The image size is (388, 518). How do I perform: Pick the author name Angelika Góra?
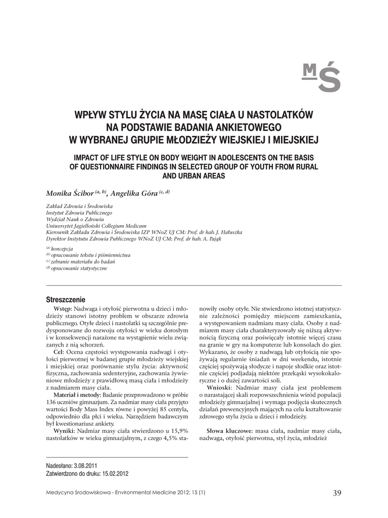pyautogui.click(x=134, y=193)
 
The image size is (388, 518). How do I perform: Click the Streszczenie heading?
pyautogui.click(x=66, y=299)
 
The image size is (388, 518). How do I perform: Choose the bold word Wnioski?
pyautogui.click(x=219, y=387)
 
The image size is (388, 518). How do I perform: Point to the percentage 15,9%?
pyautogui.click(x=178, y=430)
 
